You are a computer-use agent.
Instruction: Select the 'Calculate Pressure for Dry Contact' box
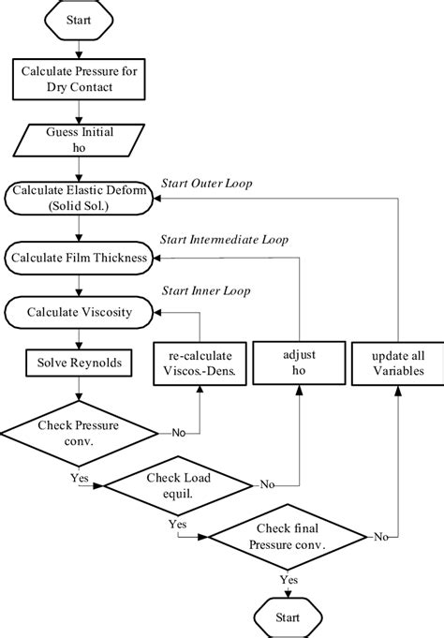coord(79,80)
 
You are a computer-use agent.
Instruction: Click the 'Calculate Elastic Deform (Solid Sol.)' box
coord(79,198)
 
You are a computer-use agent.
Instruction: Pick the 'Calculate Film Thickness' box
coord(79,255)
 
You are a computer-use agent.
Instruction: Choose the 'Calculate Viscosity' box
coord(79,312)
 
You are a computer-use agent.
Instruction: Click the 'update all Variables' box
coord(398,364)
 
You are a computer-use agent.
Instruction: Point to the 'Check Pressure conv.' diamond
coord(79,432)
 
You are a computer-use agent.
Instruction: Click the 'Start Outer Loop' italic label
coord(208,182)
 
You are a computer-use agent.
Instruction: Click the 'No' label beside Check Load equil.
coord(267,485)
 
